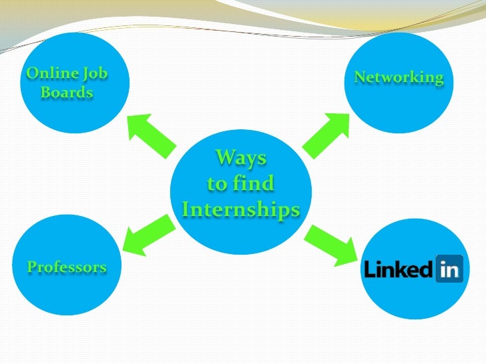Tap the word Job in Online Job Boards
[x=95, y=73]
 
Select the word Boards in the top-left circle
[x=67, y=92]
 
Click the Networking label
[x=399, y=77]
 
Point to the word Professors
[x=67, y=267]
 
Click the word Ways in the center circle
[x=240, y=158]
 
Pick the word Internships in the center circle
[x=240, y=210]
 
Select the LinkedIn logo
[x=413, y=269]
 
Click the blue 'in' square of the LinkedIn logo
[x=449, y=269]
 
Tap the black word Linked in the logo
[x=398, y=269]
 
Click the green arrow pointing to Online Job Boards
[x=151, y=136]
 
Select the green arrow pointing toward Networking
[x=327, y=136]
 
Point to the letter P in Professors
[x=31, y=267]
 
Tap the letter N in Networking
[x=359, y=77]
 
